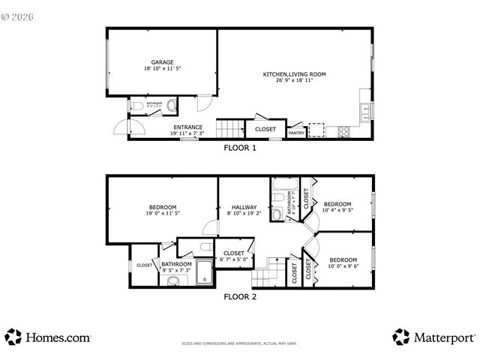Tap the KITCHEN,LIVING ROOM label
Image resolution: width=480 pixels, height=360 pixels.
point(293,74)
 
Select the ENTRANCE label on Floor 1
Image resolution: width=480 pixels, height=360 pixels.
point(187,127)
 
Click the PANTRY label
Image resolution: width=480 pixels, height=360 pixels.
point(297,133)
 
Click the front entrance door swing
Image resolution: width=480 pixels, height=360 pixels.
point(120,129)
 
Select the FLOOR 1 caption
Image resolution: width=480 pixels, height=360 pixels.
point(240,148)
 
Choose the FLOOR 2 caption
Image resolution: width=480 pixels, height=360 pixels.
point(240,296)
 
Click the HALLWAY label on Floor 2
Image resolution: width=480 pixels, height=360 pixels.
point(243,208)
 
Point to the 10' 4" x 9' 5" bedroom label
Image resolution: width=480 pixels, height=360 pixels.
point(337,207)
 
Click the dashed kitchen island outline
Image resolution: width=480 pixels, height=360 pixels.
point(317,131)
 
